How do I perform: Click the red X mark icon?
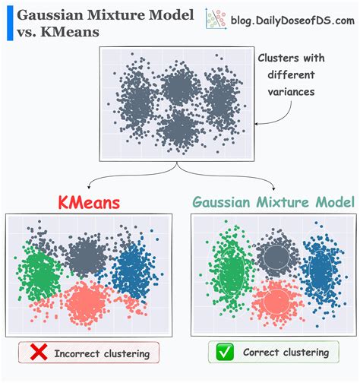[39, 352]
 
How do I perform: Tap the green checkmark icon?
[225, 352]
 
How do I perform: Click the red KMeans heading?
[89, 203]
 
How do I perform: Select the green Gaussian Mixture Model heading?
[273, 202]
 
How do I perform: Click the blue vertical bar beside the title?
[10, 23]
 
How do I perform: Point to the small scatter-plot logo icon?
[216, 19]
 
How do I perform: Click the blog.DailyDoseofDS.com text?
[292, 21]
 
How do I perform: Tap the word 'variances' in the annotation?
[291, 92]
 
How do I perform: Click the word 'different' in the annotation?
[291, 74]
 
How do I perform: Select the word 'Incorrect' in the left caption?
[77, 353]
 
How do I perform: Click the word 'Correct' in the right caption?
[261, 352]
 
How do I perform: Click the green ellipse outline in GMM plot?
[219, 272]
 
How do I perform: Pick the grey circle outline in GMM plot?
[264, 257]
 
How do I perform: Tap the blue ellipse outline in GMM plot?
[309, 272]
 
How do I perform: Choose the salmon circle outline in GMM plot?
[264, 302]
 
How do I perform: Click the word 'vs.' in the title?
[27, 33]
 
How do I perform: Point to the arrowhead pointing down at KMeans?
[89, 188]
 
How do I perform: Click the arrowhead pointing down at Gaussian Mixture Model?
[273, 188]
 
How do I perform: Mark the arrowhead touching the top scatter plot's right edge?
[256, 124]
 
